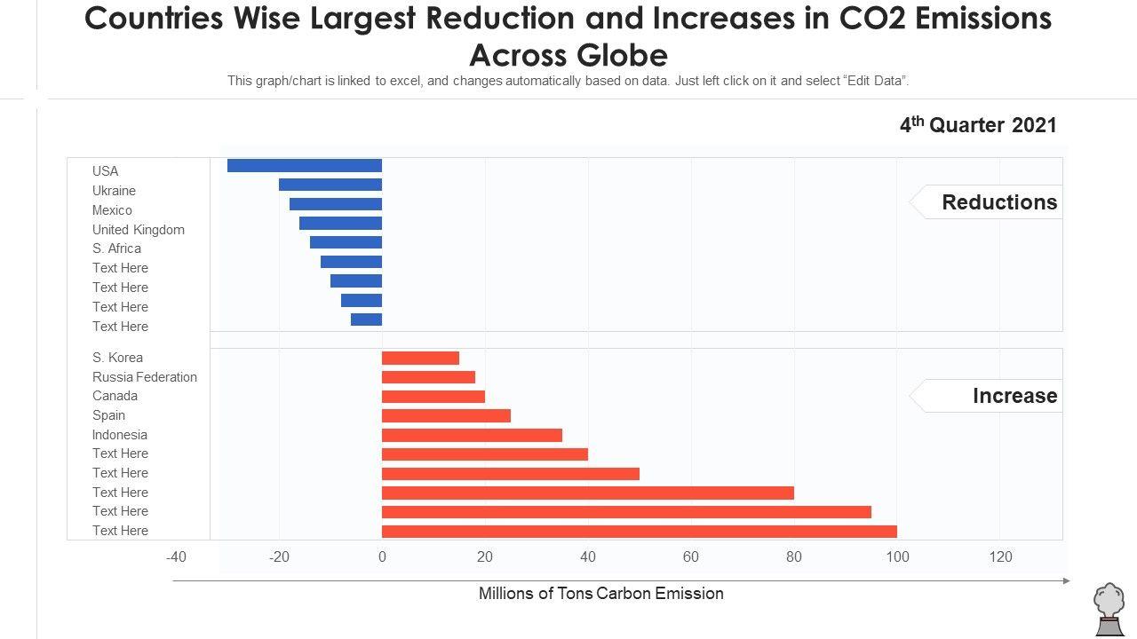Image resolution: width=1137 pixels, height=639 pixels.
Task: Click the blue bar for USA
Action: click(x=305, y=166)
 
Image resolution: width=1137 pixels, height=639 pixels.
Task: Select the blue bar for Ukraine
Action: click(x=330, y=185)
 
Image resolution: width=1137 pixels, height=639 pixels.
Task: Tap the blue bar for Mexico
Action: click(x=336, y=204)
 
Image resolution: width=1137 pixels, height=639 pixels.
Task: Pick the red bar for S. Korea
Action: click(x=420, y=359)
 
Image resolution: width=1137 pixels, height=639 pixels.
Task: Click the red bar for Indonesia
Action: click(x=472, y=435)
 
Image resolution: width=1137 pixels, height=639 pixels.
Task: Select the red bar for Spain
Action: click(x=446, y=415)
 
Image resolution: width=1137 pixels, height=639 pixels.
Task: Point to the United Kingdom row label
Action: click(x=139, y=230)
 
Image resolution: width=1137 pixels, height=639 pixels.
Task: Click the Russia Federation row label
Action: click(x=145, y=377)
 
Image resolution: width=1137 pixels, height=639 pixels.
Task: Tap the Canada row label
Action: click(x=115, y=396)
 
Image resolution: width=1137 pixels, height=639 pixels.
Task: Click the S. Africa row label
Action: click(x=116, y=248)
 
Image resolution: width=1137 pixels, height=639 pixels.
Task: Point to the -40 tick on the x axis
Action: click(x=176, y=557)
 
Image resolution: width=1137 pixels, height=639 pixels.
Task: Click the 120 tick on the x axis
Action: click(x=1000, y=557)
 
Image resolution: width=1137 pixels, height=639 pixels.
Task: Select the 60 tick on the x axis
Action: click(x=691, y=557)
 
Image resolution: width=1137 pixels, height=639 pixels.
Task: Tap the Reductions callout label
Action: click(x=999, y=202)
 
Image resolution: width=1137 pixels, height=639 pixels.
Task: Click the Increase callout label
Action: click(x=1014, y=396)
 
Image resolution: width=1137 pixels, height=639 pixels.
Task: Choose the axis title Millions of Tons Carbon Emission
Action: click(x=601, y=594)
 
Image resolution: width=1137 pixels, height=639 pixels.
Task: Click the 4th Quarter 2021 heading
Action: click(x=978, y=125)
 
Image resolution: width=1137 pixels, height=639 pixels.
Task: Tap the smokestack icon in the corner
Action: click(x=1109, y=609)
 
